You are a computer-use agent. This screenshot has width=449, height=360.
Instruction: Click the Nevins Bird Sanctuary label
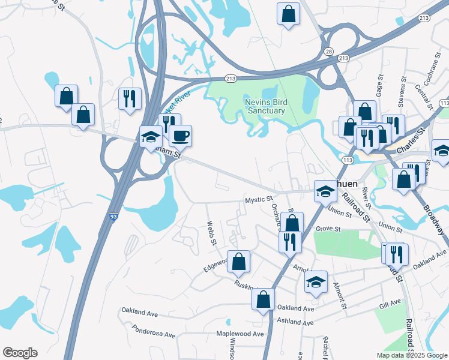coord(266,106)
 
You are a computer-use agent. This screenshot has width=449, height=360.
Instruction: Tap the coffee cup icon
coord(180,136)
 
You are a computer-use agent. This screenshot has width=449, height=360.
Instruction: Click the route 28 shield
coord(329,52)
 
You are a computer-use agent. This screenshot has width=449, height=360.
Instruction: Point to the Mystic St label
coord(259,199)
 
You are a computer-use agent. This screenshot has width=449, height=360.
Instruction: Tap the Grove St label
coord(328,229)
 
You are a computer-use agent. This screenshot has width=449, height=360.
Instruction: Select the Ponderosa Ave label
coord(154,331)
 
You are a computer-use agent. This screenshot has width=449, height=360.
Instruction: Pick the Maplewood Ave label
coord(241,334)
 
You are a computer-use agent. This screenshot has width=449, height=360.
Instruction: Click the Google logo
coord(20,353)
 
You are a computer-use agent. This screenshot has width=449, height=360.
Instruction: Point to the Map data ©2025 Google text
coord(411,355)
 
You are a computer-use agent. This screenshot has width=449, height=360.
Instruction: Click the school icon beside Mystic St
coord(325,191)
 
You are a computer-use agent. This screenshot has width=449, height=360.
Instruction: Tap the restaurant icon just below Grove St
coord(289,241)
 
